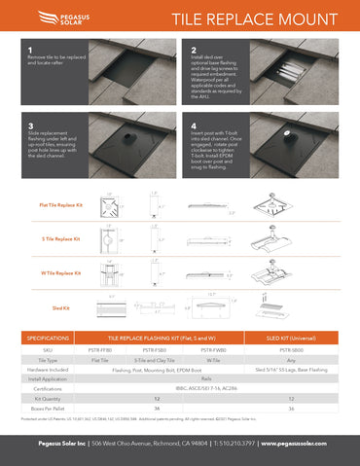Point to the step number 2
195,50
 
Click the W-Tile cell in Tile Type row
212,359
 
